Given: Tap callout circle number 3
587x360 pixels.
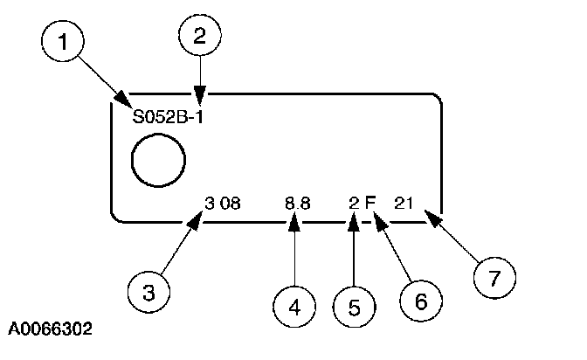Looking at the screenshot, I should pos(149,291).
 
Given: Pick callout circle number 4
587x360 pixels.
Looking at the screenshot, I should pos(293,307).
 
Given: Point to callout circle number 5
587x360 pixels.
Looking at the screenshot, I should pos(353,307).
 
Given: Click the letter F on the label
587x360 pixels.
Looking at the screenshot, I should pos(370,203).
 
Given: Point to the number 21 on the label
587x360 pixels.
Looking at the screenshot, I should pos(404,203).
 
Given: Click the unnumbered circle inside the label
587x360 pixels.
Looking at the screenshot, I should pos(157,162).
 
